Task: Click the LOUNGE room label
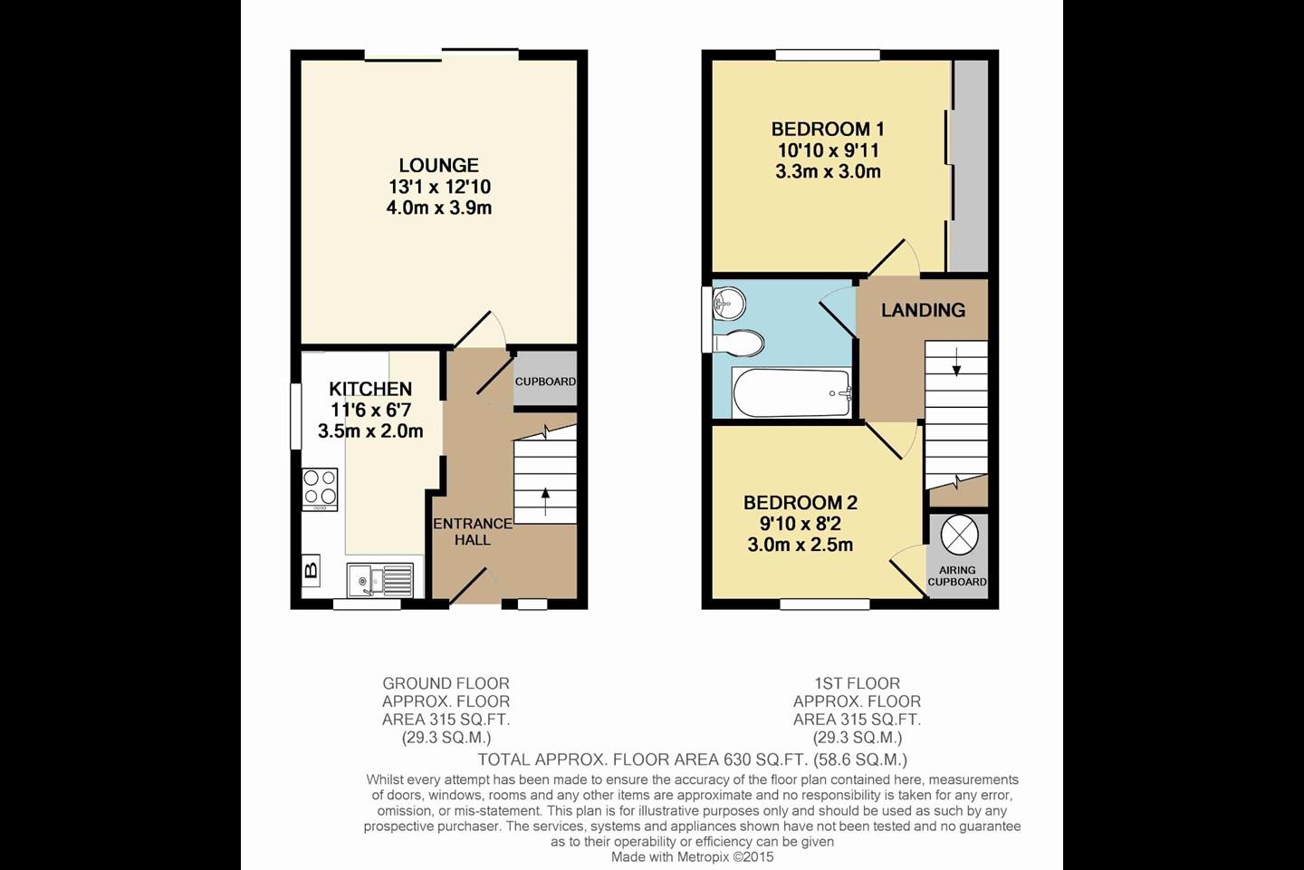click(439, 165)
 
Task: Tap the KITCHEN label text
click(370, 389)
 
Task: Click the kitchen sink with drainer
click(380, 577)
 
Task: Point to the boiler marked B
click(311, 571)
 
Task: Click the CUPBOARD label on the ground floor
click(545, 382)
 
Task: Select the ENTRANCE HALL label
click(472, 531)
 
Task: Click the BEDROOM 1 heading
click(828, 129)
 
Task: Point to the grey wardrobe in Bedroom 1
click(970, 163)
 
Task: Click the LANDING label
click(923, 310)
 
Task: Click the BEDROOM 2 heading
click(801, 502)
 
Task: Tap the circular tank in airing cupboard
click(959, 535)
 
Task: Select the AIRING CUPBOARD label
click(957, 576)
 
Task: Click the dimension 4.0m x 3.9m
click(439, 208)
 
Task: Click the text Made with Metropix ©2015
click(693, 856)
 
